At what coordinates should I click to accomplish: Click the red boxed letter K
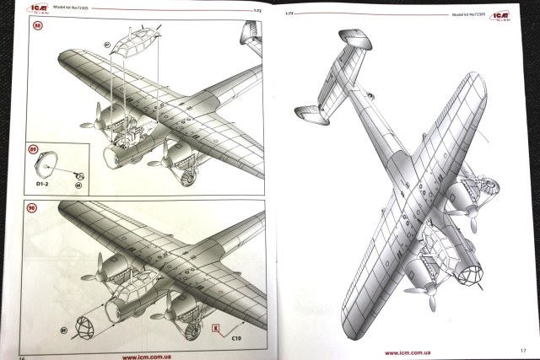coord(217,324)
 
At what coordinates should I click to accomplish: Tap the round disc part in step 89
coord(54,163)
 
